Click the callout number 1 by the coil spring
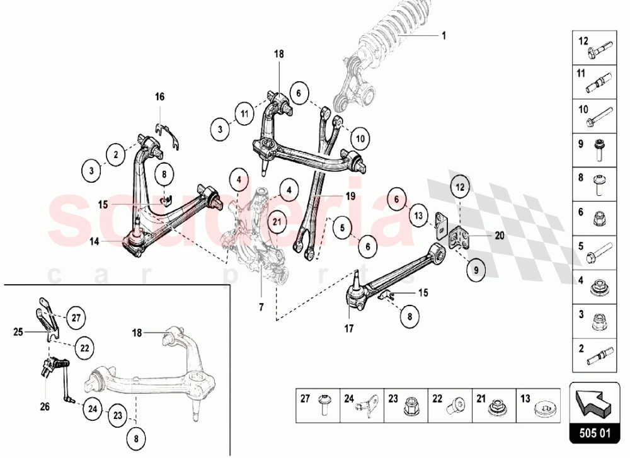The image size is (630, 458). click(444, 35)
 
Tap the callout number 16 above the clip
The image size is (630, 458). click(159, 96)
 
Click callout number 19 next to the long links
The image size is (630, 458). click(350, 197)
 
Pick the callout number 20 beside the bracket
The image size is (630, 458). click(500, 236)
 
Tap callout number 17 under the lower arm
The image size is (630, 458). click(348, 328)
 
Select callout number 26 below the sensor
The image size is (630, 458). click(45, 406)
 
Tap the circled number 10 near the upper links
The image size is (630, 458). click(359, 138)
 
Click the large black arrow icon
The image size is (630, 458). click(593, 403)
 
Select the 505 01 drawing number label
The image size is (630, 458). click(593, 433)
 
